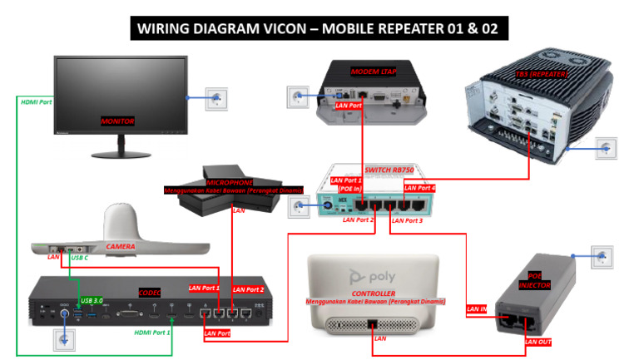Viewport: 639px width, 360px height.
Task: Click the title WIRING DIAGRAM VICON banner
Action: pos(319,29)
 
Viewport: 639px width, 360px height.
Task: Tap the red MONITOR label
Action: pos(117,121)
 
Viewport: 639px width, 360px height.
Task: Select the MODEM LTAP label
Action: pos(371,72)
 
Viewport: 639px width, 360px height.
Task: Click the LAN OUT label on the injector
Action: pos(537,341)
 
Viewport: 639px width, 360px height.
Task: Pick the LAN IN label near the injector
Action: pos(477,309)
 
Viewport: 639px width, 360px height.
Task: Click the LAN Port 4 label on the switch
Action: pos(419,189)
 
